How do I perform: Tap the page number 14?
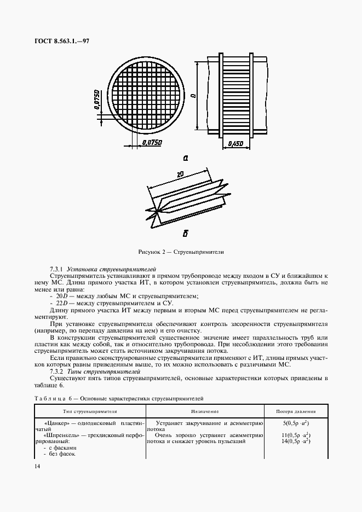(37, 466)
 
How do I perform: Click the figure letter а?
(185, 158)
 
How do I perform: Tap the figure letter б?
(185, 234)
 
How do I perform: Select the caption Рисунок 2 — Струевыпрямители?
(181, 252)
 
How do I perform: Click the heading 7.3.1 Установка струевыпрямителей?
(103, 270)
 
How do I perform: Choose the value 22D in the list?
(59, 302)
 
